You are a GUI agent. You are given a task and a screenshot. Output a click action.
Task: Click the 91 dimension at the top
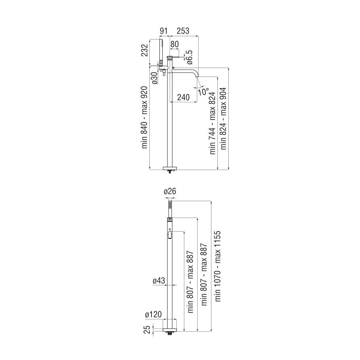[163, 31]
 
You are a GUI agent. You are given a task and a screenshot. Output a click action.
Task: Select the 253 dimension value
[183, 31]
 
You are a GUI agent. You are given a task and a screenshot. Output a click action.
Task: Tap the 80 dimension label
[174, 44]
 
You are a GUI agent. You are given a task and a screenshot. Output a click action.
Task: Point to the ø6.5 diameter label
[189, 57]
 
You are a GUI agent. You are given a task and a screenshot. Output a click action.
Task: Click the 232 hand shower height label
[145, 50]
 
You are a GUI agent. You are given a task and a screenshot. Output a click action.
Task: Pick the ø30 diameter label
[155, 78]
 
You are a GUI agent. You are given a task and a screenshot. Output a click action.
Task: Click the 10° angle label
[203, 91]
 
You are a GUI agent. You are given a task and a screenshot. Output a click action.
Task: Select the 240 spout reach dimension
[184, 97]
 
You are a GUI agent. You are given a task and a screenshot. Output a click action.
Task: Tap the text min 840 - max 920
[145, 117]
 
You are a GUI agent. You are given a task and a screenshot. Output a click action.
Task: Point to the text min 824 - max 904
[223, 118]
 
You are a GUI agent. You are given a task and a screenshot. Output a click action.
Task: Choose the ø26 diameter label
[170, 191]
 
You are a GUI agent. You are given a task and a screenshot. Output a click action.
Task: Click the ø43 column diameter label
[159, 280]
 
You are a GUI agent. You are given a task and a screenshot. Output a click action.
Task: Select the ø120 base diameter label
[153, 314]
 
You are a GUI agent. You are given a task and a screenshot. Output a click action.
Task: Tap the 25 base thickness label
[148, 329]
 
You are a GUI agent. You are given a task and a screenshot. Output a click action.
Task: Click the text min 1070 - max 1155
[217, 266]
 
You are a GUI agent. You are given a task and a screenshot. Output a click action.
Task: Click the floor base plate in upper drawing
[170, 168]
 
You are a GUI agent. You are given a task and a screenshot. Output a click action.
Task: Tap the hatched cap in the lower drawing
[170, 219]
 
